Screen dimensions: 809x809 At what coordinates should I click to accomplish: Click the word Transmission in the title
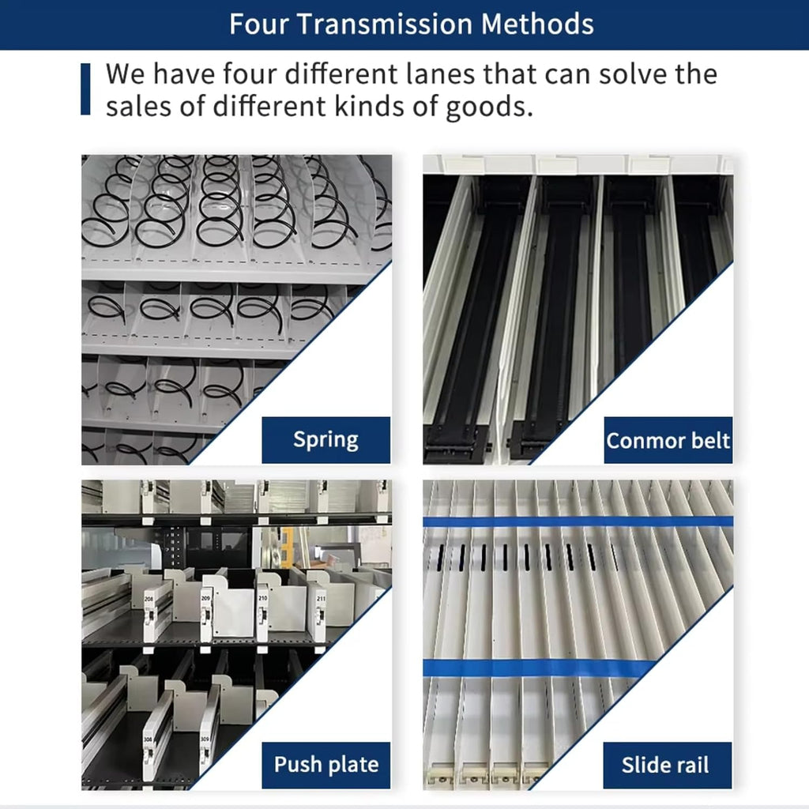(x=385, y=24)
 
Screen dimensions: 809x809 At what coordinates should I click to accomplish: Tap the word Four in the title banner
(x=258, y=24)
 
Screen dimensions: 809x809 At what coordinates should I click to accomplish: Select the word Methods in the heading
(x=537, y=24)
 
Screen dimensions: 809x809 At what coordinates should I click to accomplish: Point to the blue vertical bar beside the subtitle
(x=85, y=88)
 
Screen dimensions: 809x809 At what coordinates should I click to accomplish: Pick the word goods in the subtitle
(x=488, y=107)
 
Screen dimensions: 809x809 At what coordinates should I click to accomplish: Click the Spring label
(x=325, y=439)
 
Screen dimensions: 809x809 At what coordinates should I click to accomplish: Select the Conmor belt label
(x=668, y=440)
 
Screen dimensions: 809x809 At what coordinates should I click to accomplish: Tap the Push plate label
(x=325, y=765)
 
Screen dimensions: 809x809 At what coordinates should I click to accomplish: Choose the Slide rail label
(x=667, y=765)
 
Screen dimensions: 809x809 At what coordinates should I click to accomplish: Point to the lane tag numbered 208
(x=149, y=599)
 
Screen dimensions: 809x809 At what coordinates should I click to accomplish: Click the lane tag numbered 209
(x=205, y=597)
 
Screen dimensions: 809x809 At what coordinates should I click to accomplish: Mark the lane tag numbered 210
(x=262, y=597)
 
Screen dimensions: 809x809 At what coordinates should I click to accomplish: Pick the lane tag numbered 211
(x=321, y=599)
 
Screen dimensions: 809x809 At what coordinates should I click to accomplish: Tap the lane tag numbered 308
(x=148, y=739)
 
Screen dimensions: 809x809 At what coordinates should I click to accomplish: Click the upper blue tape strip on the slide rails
(x=578, y=521)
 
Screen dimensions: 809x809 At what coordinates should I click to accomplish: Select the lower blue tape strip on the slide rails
(x=539, y=668)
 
